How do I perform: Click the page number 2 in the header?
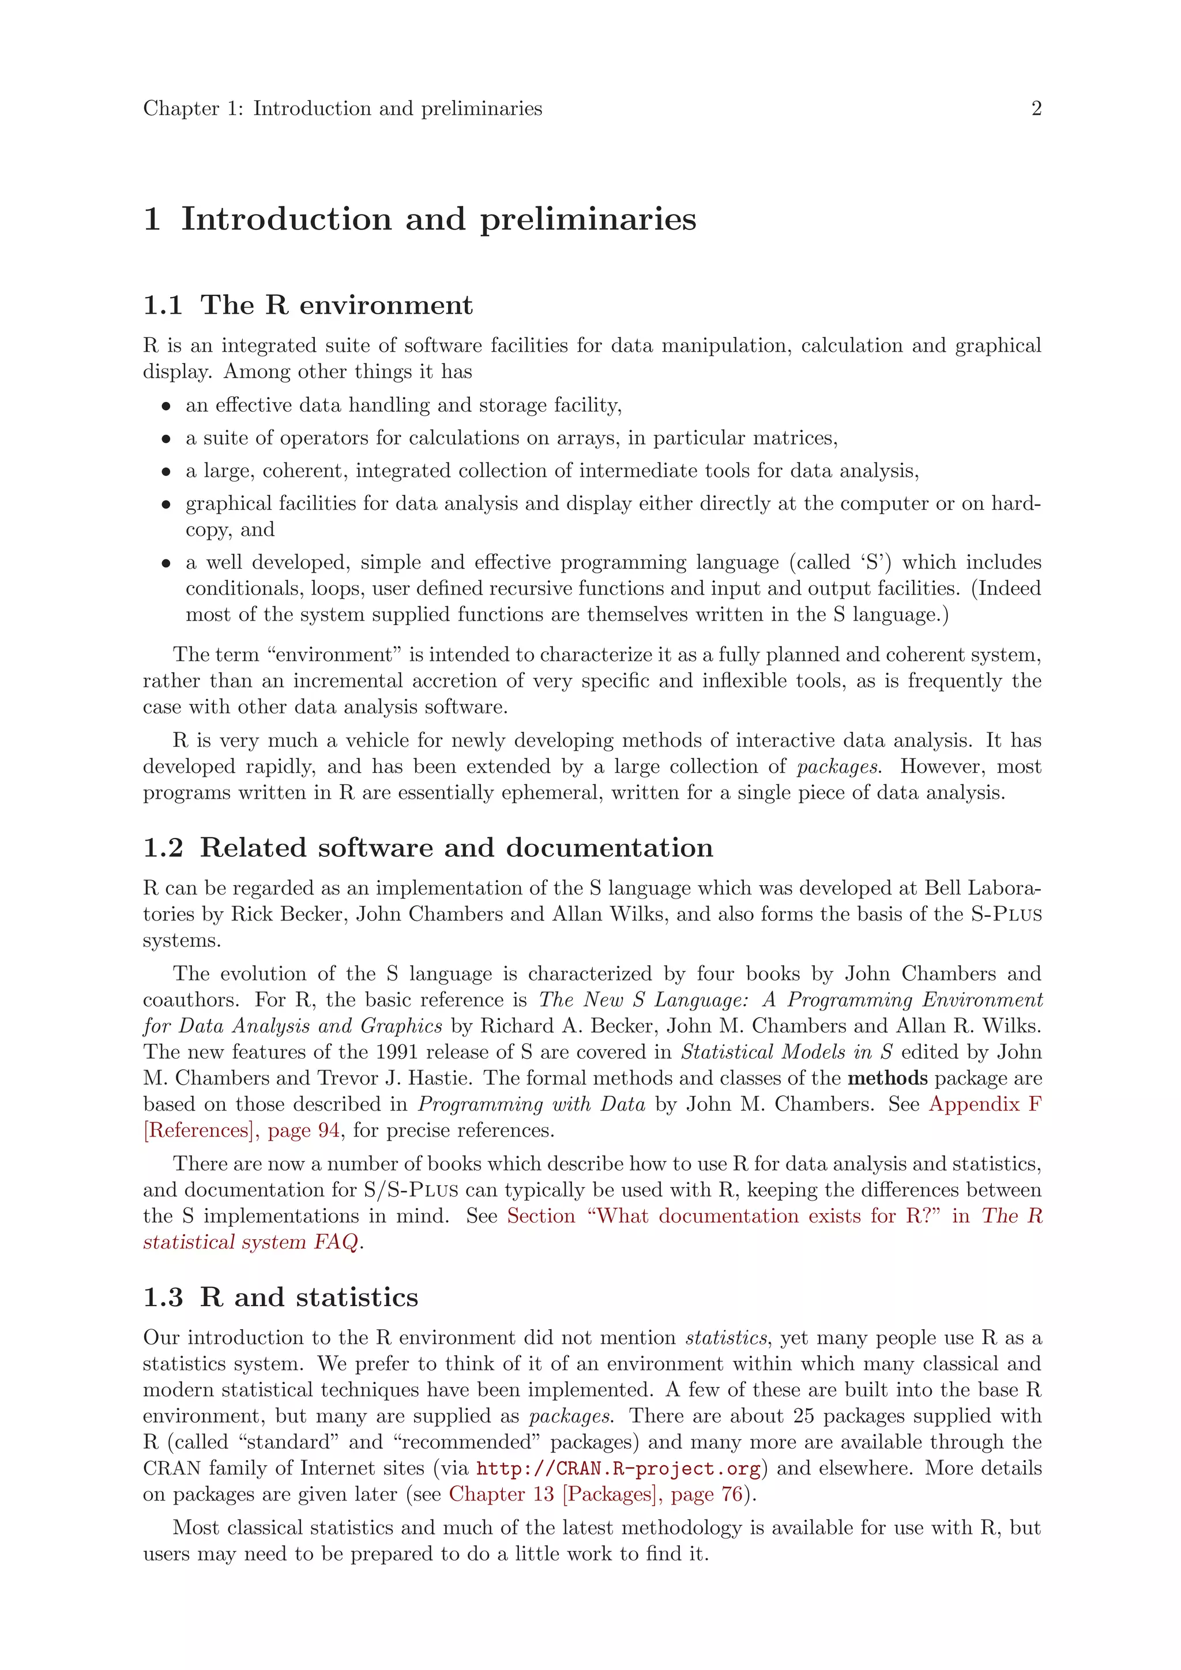1036,109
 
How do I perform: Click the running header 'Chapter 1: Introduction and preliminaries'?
343,109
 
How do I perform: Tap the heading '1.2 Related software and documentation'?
428,848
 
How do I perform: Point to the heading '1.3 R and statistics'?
281,1297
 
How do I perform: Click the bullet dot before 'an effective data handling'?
167,407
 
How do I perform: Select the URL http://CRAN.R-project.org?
618,1469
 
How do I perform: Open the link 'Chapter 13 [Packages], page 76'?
596,1495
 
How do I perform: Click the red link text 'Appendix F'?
985,1104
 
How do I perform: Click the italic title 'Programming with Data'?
532,1104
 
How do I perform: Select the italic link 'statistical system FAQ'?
251,1242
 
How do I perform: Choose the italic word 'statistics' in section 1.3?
726,1338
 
